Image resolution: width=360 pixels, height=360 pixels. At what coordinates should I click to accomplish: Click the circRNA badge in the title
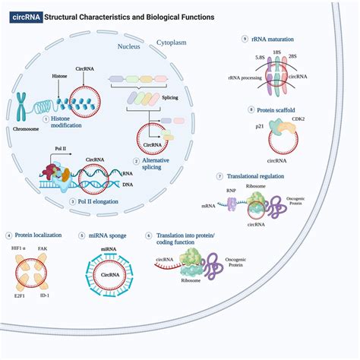pyautogui.click(x=24, y=16)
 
